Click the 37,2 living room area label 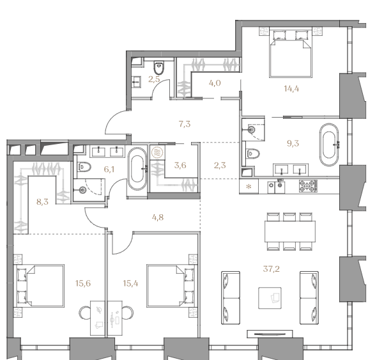point(271,269)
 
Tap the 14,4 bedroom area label point(291,89)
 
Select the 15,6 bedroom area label point(83,283)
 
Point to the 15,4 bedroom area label point(130,283)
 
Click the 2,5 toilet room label point(154,79)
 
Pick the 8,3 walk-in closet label point(42,202)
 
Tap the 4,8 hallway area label point(158,217)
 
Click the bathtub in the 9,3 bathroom point(329,145)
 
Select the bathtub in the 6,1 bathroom point(137,169)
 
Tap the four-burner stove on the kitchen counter point(308,186)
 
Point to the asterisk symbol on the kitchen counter point(249,187)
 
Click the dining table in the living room point(289,231)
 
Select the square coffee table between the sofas point(270,298)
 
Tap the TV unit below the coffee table point(270,334)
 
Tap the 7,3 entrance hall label point(185,124)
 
